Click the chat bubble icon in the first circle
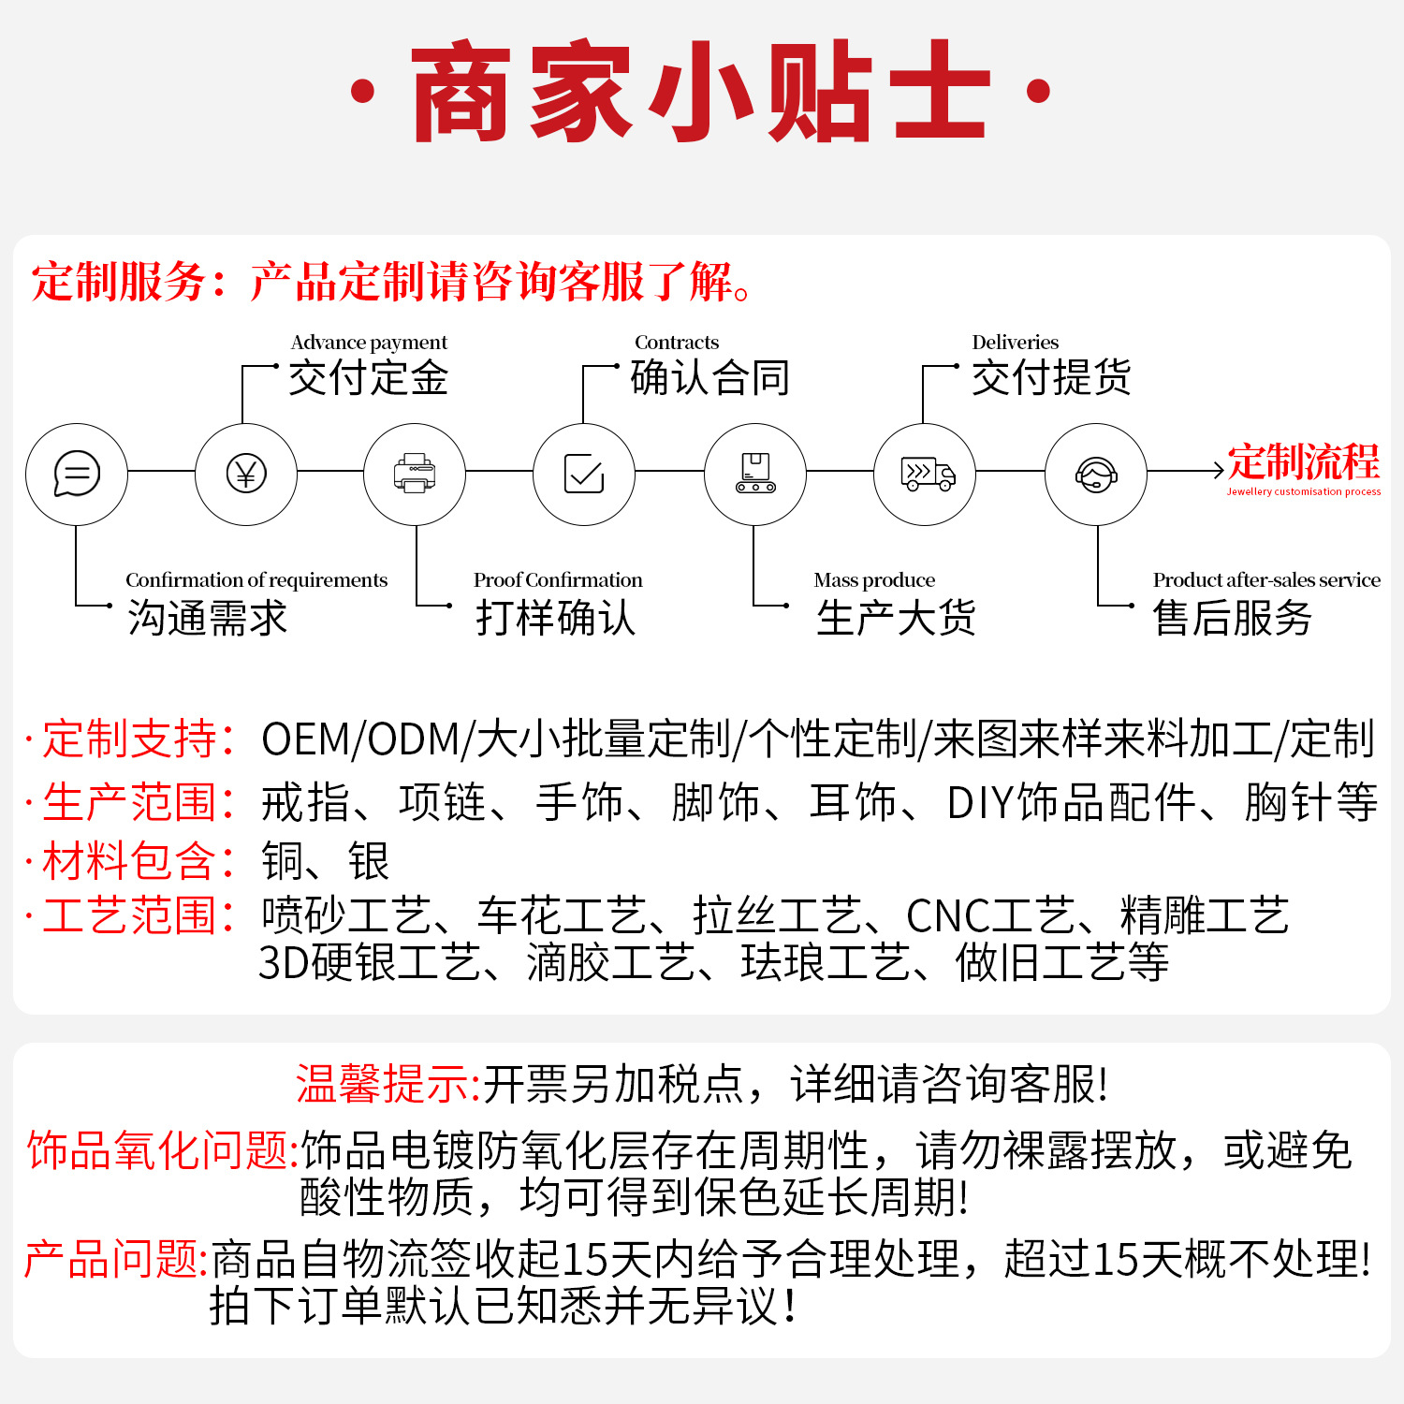tap(77, 474)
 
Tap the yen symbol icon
tap(246, 474)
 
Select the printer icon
tap(415, 474)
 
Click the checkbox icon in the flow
tap(584, 474)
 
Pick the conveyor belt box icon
tap(754, 474)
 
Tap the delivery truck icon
tap(926, 474)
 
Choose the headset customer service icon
tap(1095, 475)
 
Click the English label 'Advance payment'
tap(369, 343)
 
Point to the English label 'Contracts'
tap(677, 343)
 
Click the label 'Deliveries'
tap(1016, 343)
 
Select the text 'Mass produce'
tap(874, 580)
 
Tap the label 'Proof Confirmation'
tap(558, 580)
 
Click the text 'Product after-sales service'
tap(1266, 580)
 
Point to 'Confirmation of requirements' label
tap(256, 580)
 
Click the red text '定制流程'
tap(1303, 461)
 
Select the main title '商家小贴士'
tap(700, 92)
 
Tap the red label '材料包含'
tap(128, 861)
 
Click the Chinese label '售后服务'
tap(1232, 619)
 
